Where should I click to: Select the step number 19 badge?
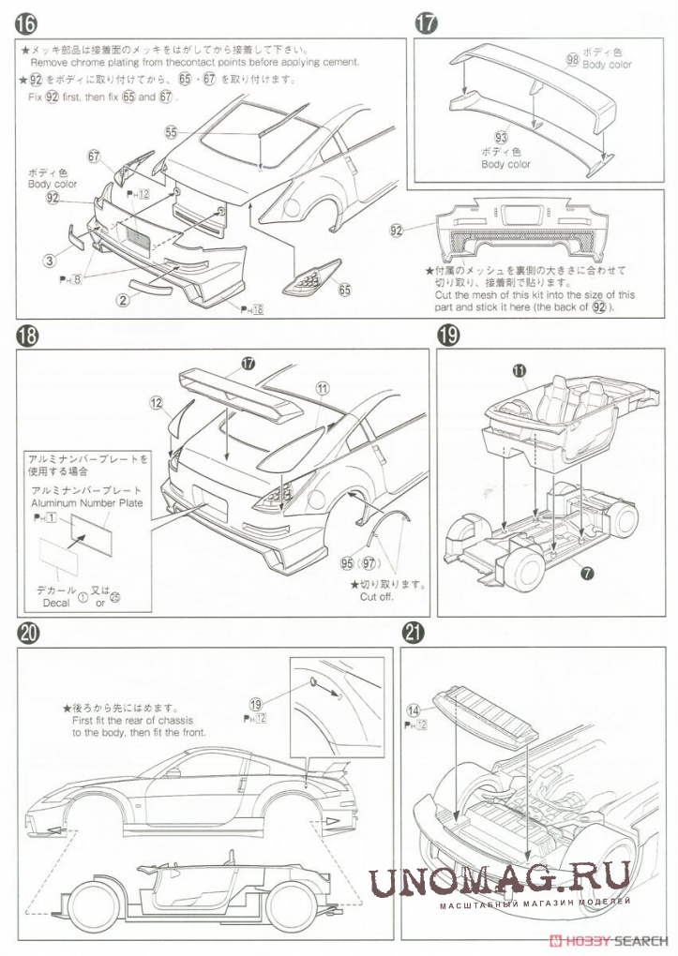(x=448, y=335)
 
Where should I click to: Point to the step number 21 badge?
(x=414, y=633)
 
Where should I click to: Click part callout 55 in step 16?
(x=171, y=132)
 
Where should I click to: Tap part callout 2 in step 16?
(x=122, y=300)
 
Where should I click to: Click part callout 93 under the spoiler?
(x=501, y=138)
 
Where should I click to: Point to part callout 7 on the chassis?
(x=587, y=571)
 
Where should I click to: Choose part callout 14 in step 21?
(x=414, y=710)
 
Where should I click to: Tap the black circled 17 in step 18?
(x=249, y=364)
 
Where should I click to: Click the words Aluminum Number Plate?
(x=86, y=503)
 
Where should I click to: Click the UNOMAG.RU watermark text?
(x=498, y=882)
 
